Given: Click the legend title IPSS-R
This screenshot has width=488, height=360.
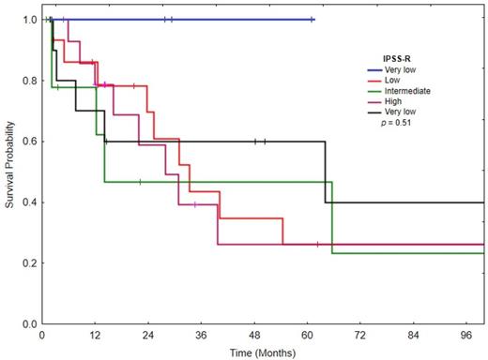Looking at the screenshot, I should pos(386,56).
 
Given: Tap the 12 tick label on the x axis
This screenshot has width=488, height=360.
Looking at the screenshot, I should pos(95,335).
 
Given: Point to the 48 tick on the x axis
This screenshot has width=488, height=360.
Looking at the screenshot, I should pos(254,335).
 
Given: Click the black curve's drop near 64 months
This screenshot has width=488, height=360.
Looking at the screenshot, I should pos(326,172).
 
